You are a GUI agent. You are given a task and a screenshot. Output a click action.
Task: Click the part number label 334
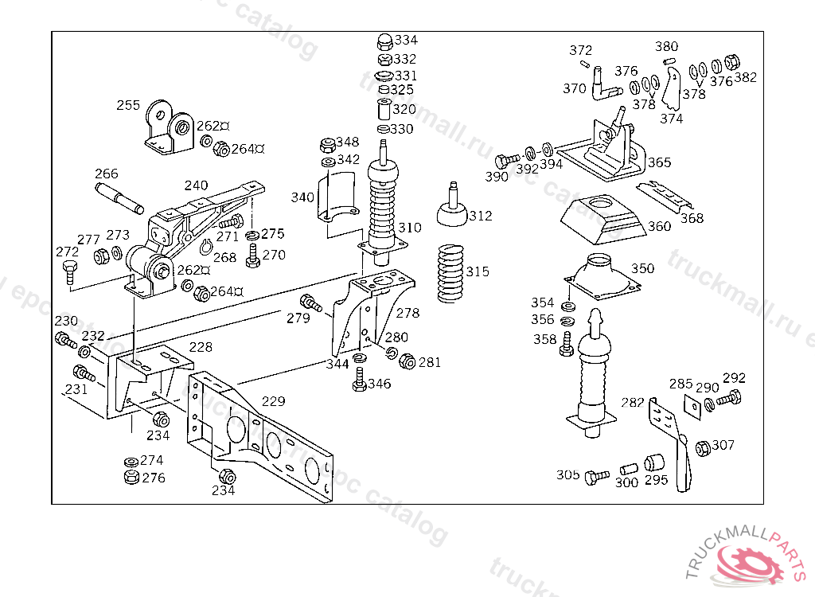(x=406, y=40)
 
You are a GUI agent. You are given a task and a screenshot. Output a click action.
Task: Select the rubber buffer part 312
(x=452, y=211)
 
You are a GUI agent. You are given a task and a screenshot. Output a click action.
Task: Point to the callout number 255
(x=128, y=105)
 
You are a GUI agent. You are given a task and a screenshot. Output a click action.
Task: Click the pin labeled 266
(x=119, y=198)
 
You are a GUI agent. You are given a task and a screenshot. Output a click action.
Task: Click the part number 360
(x=659, y=226)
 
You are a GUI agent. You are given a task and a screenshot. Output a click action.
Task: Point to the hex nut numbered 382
(x=735, y=63)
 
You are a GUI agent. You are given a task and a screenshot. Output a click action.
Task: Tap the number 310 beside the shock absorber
(x=410, y=228)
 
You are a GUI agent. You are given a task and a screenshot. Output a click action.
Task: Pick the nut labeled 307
(x=703, y=448)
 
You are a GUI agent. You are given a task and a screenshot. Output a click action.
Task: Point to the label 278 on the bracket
(x=407, y=313)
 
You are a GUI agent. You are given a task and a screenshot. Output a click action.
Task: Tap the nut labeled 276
(x=131, y=478)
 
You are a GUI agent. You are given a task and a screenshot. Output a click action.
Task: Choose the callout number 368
(x=692, y=218)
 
